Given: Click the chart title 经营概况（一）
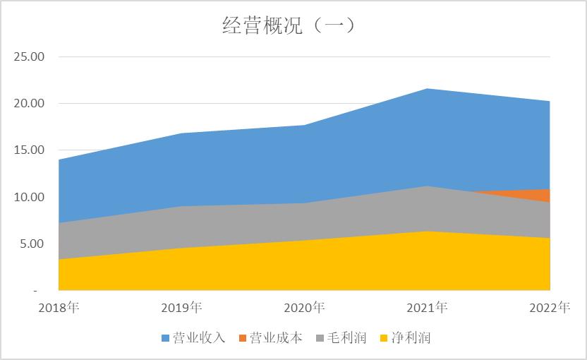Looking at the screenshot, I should click(x=288, y=25).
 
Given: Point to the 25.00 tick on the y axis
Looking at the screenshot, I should click(x=29, y=56).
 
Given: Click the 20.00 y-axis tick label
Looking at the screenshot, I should click(x=29, y=103).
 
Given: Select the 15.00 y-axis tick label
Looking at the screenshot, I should click(x=29, y=150).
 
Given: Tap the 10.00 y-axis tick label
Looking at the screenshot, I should click(x=29, y=197).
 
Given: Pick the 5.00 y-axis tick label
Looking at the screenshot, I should click(x=32, y=244).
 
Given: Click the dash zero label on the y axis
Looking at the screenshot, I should click(x=35, y=290).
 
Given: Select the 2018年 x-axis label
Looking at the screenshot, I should click(x=59, y=308).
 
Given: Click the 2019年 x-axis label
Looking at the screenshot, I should click(x=181, y=308).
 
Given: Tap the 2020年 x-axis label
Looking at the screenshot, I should click(x=304, y=308).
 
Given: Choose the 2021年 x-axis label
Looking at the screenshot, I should click(x=427, y=308).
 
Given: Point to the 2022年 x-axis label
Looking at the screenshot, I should click(x=549, y=308).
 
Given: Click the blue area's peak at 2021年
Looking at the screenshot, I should click(x=427, y=90).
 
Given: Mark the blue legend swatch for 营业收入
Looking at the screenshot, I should click(x=166, y=338).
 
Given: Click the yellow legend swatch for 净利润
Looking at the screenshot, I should click(x=384, y=338).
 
